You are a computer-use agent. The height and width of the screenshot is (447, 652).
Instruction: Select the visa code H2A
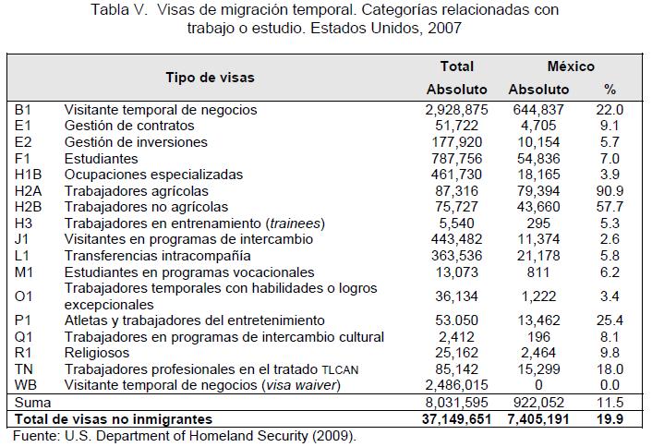click(x=29, y=191)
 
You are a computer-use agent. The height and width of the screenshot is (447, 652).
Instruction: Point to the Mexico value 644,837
click(x=539, y=110)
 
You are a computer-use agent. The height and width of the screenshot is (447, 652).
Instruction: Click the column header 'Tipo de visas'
click(x=211, y=78)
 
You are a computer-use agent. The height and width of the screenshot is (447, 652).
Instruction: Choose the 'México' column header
click(x=571, y=66)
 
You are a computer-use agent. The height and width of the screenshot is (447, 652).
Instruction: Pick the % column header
click(x=610, y=90)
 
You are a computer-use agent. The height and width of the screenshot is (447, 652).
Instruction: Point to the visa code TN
click(x=24, y=368)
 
